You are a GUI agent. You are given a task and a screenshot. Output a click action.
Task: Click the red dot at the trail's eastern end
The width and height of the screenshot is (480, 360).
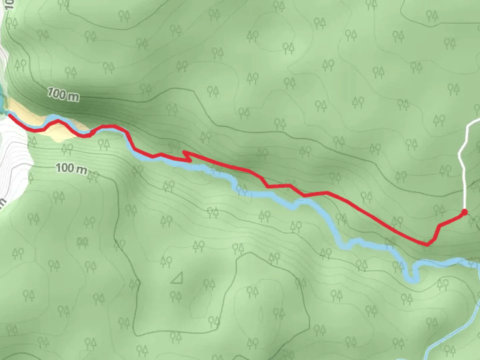tap(464, 212)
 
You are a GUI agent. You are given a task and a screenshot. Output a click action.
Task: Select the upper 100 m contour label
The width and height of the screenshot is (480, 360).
tap(63, 94)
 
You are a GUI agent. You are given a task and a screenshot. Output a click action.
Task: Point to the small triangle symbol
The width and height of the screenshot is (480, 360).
tap(177, 278)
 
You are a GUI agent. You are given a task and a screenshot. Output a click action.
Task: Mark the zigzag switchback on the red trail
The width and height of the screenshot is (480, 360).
tap(187, 156)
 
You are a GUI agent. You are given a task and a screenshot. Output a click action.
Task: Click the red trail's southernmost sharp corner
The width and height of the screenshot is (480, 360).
tap(427, 245)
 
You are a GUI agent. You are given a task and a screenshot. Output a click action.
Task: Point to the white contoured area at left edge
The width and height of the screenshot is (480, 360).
tap(13, 160)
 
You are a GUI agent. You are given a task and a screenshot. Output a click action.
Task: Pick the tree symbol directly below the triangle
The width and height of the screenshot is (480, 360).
tap(176, 296)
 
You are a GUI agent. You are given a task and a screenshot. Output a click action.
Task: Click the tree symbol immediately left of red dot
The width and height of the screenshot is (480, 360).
tap(440, 210)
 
